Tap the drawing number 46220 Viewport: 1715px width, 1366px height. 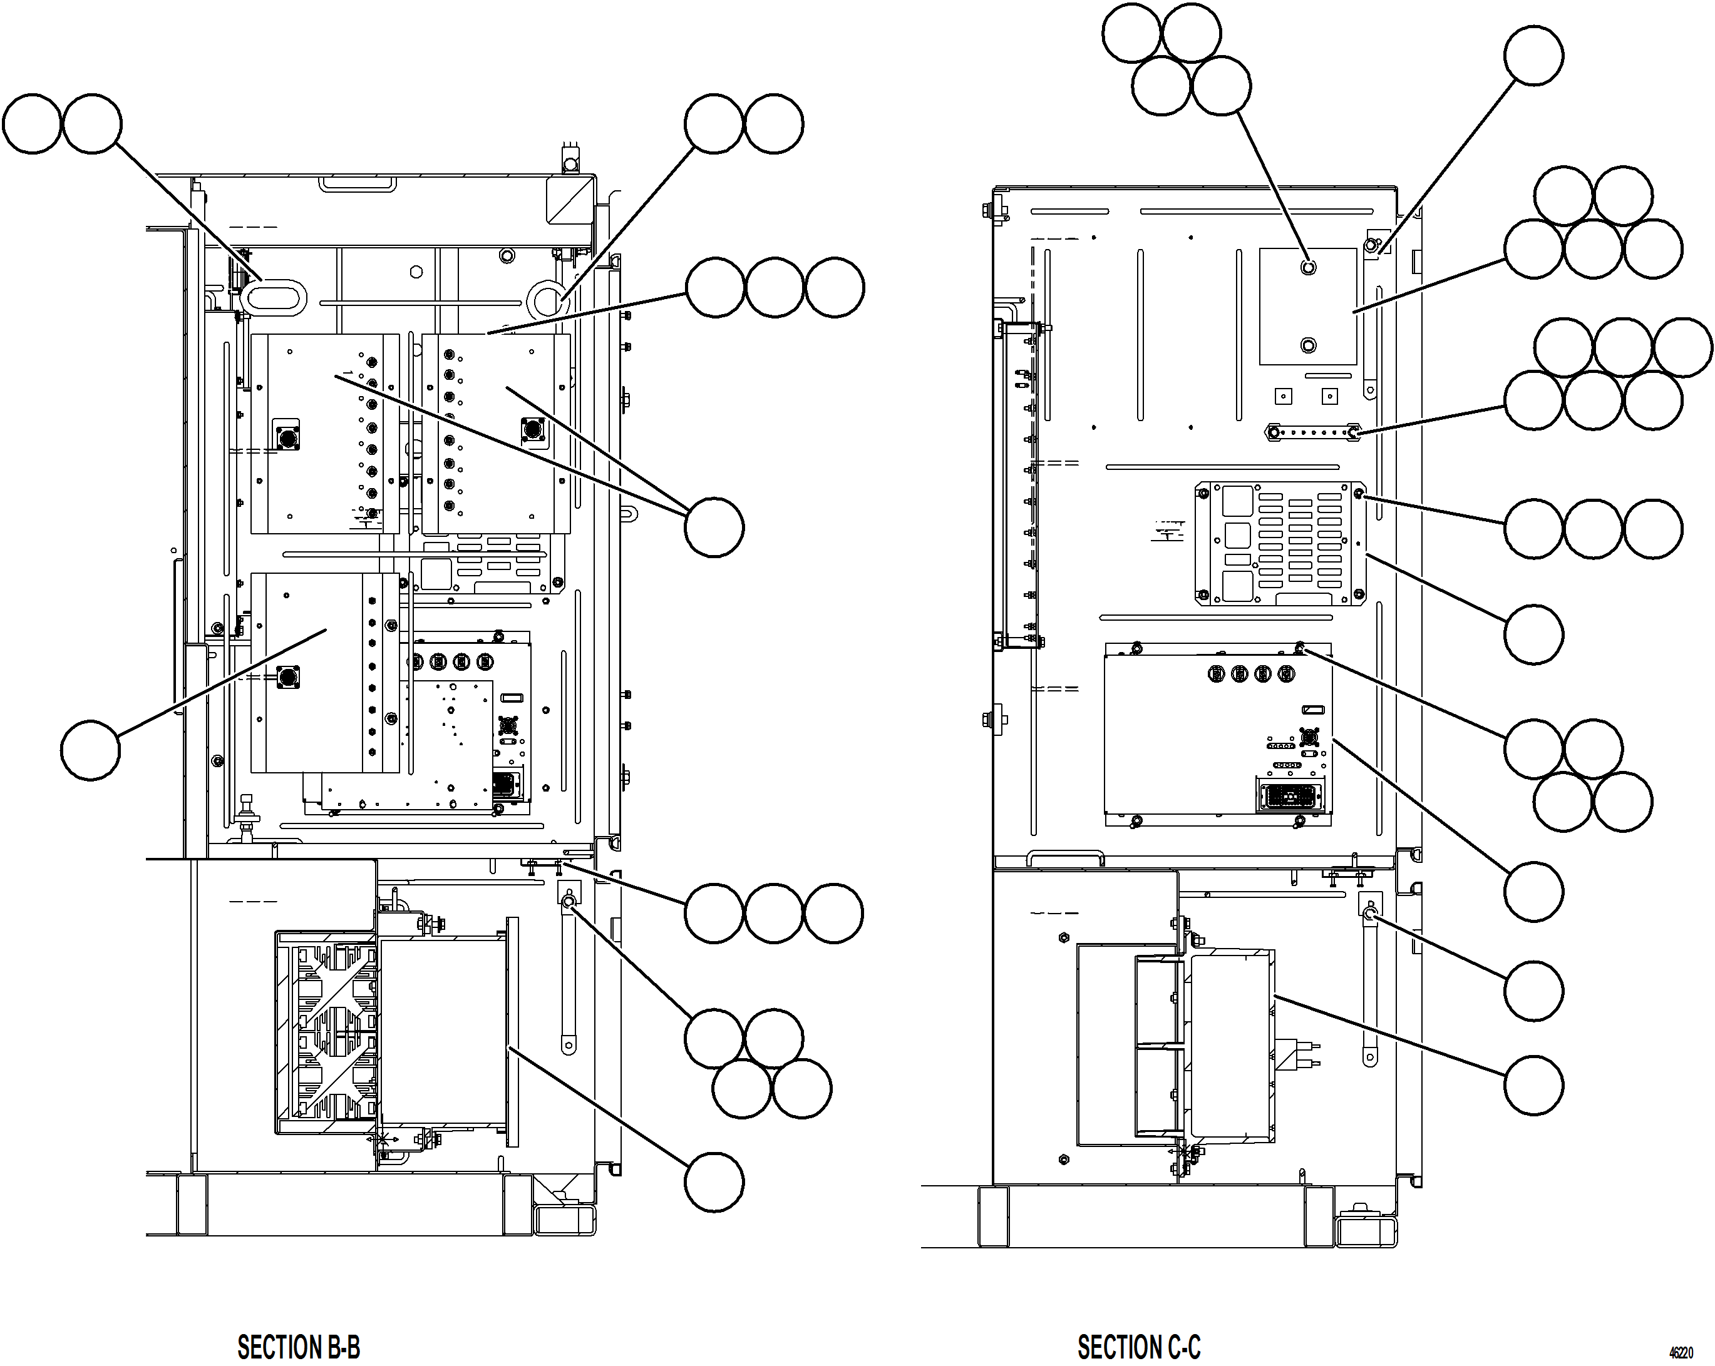[x=1680, y=1352]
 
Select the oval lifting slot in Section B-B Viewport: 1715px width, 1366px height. [x=273, y=298]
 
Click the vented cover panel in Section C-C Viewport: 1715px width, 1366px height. [x=1280, y=544]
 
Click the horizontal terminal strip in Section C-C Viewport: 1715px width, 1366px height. [x=1312, y=432]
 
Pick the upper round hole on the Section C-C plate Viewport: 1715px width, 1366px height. [x=1309, y=267]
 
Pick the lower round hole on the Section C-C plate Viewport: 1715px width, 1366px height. [x=1309, y=345]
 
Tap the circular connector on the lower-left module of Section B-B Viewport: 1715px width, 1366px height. [x=288, y=678]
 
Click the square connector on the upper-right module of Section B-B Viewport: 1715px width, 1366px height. [x=533, y=430]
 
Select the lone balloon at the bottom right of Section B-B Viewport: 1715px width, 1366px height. [x=714, y=1182]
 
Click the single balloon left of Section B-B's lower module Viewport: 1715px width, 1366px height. [x=90, y=750]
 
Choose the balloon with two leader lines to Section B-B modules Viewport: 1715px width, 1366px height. [x=714, y=527]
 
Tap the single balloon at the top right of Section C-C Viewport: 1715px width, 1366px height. [x=1533, y=56]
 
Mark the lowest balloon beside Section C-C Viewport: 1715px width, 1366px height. [x=1533, y=1085]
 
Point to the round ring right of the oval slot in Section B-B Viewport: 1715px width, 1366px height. [x=547, y=300]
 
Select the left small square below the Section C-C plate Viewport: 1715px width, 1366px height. [x=1283, y=396]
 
